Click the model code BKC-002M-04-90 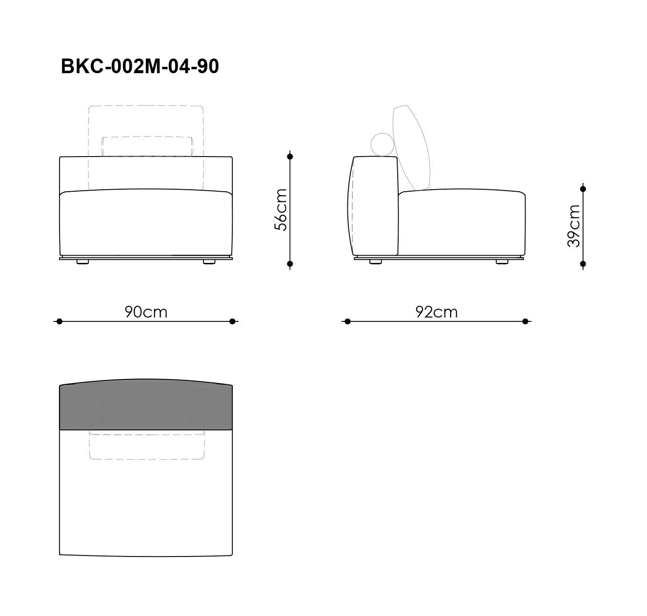tap(140, 66)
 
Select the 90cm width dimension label tap(146, 312)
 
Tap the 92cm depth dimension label tap(436, 312)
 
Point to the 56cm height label tap(281, 210)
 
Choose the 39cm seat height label tap(574, 226)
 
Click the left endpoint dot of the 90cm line tap(59, 321)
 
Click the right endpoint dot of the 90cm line tap(232, 321)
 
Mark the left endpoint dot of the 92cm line tap(347, 321)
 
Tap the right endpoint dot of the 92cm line tap(525, 321)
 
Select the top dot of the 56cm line tap(290, 157)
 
